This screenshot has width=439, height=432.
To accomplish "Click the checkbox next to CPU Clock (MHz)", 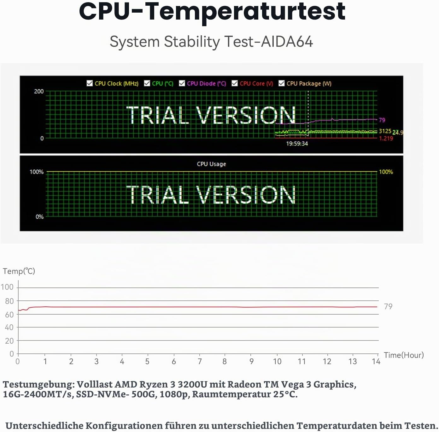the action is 90,83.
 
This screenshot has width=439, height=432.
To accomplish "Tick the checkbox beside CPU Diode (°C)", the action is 182,83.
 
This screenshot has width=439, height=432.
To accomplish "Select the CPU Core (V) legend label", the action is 256,83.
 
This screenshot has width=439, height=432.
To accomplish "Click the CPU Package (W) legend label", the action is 309,83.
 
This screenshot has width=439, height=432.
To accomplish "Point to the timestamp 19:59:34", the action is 297,144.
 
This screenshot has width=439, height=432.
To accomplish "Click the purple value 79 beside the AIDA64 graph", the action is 382,120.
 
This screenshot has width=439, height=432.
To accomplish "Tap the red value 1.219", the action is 386,138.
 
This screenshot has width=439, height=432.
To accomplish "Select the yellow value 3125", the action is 385,131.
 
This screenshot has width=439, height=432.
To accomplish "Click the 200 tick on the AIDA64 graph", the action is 39,92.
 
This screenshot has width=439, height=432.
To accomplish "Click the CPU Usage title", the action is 211,164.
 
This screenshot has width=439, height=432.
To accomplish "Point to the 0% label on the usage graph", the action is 39,216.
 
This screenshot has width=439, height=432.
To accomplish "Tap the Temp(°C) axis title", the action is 19,271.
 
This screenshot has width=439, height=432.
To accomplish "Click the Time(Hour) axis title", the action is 404,355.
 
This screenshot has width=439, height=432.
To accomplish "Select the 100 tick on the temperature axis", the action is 7,287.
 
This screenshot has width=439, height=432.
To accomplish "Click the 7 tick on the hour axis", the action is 200,361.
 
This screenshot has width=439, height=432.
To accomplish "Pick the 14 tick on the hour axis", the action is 376,361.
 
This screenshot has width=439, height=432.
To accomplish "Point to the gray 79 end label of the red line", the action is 388,306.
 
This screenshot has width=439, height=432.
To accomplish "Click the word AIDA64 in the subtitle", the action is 287,42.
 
